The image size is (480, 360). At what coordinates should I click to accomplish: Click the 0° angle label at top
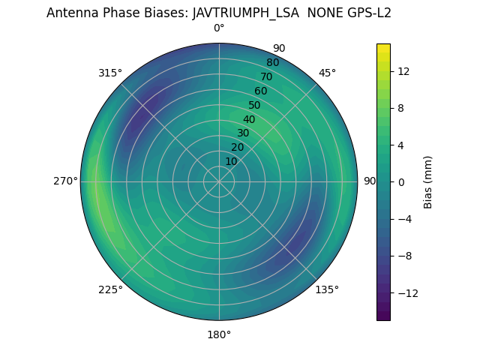pyautogui.click(x=219, y=28)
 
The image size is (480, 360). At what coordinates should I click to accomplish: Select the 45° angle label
pyautogui.click(x=327, y=73)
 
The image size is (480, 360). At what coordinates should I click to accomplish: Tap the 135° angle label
pyautogui.click(x=327, y=289)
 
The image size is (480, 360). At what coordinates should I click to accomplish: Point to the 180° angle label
pyautogui.click(x=219, y=334)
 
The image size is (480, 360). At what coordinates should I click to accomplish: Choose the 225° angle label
pyautogui.click(x=110, y=289)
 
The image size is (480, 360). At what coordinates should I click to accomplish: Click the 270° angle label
pyautogui.click(x=65, y=181)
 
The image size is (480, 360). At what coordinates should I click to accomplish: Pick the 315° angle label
pyautogui.click(x=110, y=73)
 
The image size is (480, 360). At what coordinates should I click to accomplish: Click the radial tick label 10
pyautogui.click(x=231, y=161)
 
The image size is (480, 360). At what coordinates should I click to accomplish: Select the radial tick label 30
pyautogui.click(x=243, y=133)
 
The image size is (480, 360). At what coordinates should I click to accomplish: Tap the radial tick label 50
pyautogui.click(x=254, y=106)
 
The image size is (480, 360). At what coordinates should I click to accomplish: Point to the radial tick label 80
pyautogui.click(x=272, y=63)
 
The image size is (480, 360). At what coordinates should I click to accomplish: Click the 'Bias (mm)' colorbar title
pyautogui.click(x=428, y=182)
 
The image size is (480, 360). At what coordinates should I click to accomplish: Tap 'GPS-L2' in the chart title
pyautogui.click(x=367, y=13)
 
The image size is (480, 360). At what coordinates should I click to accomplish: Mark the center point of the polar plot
pyautogui.click(x=219, y=181)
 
